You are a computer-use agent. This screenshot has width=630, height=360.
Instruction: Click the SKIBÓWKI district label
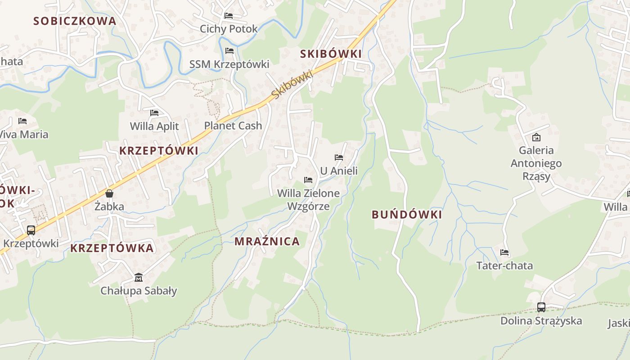(331, 54)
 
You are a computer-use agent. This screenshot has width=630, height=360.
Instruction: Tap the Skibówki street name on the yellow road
(292, 84)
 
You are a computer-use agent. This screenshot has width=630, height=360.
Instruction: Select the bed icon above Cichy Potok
(229, 16)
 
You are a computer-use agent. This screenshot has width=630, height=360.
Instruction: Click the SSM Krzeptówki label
(229, 64)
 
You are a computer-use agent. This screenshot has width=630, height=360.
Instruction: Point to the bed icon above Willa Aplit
(154, 113)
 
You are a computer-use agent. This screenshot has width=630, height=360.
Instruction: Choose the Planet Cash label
(233, 126)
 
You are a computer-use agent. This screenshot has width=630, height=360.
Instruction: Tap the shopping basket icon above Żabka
(109, 193)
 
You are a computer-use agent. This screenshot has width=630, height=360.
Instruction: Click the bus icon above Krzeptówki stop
(31, 230)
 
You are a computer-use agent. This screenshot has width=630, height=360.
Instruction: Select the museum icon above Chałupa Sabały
(138, 277)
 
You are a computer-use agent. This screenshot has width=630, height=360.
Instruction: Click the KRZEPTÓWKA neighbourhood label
(112, 248)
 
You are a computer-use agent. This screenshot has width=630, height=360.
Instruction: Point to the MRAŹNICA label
(267, 242)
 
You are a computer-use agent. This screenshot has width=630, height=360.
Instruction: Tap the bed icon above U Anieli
(339, 157)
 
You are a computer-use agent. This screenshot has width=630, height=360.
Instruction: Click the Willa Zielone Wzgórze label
(308, 200)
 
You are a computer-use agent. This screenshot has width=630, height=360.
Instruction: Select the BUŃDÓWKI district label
(407, 215)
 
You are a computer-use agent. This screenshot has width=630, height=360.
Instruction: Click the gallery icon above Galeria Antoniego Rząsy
(536, 137)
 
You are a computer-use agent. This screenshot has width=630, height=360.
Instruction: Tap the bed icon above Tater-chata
(504, 252)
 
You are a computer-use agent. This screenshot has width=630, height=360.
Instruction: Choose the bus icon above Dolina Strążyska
(541, 307)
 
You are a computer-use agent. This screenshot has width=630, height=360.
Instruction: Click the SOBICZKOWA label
(75, 21)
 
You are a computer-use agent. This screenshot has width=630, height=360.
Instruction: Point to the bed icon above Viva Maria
(22, 121)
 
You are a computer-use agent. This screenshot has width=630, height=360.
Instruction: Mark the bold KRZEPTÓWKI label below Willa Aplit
(158, 151)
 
